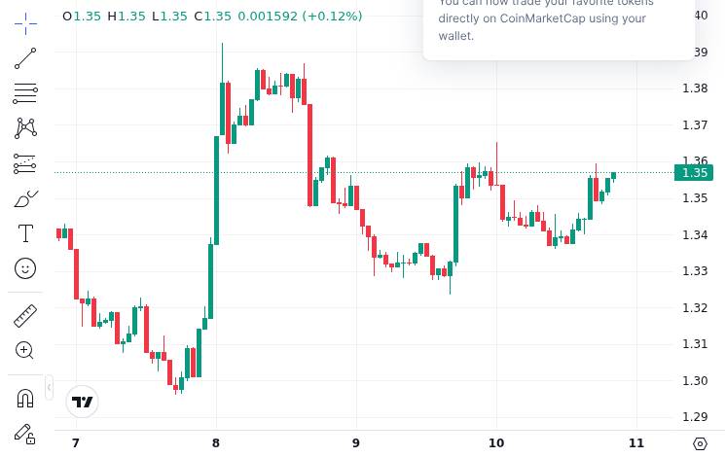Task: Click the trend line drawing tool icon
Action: click(25, 58)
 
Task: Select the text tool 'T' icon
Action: click(25, 233)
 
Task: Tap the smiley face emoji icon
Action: click(25, 267)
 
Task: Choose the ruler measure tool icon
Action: click(25, 316)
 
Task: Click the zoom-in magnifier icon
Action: click(25, 350)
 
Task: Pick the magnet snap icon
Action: click(25, 398)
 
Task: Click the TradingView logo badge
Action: click(83, 402)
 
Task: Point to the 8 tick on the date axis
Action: click(216, 443)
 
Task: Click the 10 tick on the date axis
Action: click(496, 443)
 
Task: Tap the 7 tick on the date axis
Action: click(76, 443)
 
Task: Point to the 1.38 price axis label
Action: click(695, 88)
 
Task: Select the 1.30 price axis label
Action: click(695, 380)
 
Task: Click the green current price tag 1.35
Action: click(694, 173)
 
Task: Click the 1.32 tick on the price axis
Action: click(695, 307)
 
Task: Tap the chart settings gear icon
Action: click(700, 443)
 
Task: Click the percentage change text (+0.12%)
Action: click(332, 17)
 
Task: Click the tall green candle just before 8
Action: click(216, 190)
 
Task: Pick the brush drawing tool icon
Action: click(25, 199)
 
